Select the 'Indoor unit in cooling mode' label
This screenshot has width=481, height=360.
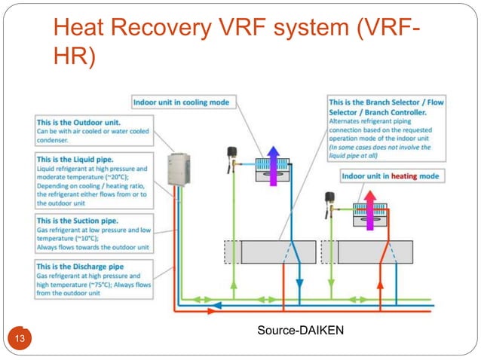(x=182, y=102)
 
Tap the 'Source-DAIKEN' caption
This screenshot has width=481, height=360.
(x=300, y=329)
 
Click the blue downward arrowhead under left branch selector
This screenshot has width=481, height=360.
(x=299, y=279)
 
